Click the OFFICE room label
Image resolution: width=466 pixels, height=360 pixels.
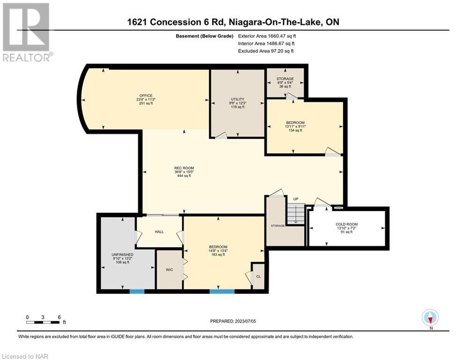click(x=146, y=96)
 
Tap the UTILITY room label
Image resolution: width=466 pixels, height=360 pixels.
click(x=238, y=99)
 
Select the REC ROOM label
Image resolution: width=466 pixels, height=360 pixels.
click(x=184, y=168)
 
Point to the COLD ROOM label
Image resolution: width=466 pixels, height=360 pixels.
click(x=347, y=225)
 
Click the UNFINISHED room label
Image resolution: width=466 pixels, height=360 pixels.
click(x=122, y=255)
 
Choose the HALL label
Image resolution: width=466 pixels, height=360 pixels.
click(x=159, y=232)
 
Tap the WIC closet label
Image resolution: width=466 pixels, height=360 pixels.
click(x=170, y=270)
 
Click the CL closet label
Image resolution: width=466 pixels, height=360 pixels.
click(x=259, y=277)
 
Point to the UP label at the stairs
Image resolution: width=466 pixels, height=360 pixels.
click(x=296, y=199)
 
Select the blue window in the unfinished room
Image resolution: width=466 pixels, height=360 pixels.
click(x=137, y=291)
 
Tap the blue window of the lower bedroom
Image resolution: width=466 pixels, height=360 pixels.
click(x=222, y=291)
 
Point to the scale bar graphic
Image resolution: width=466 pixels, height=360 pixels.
click(x=43, y=322)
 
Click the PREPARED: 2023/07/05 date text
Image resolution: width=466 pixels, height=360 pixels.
click(x=233, y=321)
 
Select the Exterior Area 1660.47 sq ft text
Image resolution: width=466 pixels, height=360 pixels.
click(x=267, y=36)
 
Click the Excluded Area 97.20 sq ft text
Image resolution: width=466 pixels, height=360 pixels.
click(x=266, y=51)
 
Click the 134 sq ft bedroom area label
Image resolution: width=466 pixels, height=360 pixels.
click(x=296, y=130)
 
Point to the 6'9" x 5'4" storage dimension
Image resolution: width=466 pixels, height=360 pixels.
click(x=285, y=82)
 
